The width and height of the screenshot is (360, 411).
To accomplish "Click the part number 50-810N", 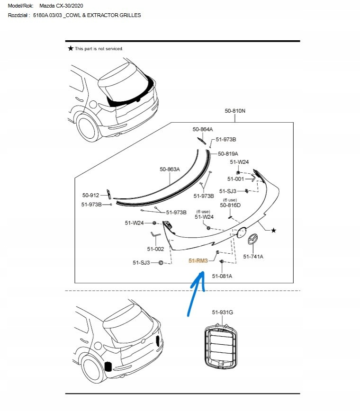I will tap(235, 111).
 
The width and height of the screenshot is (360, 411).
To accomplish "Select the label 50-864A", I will tap(202, 129).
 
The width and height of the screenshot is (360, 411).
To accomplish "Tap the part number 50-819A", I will tap(228, 154).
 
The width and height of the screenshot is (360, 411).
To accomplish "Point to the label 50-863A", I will tap(170, 169).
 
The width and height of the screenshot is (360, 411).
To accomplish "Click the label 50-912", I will tap(91, 195).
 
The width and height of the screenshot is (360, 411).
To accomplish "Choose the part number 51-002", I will tap(155, 249).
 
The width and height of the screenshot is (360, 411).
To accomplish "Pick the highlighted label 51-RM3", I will tap(198, 261).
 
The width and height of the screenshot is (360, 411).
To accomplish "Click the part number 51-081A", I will tap(222, 276).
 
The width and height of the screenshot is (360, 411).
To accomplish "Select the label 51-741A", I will tap(253, 257).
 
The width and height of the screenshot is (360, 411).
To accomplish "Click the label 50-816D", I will tap(230, 205).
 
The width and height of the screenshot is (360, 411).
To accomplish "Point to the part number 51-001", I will tap(235, 179).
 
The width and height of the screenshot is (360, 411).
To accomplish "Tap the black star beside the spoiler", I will tap(273, 230).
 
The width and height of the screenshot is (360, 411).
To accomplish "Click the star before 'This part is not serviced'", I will tap(71, 48).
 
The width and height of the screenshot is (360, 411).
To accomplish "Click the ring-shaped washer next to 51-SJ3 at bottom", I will tap(161, 262).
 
